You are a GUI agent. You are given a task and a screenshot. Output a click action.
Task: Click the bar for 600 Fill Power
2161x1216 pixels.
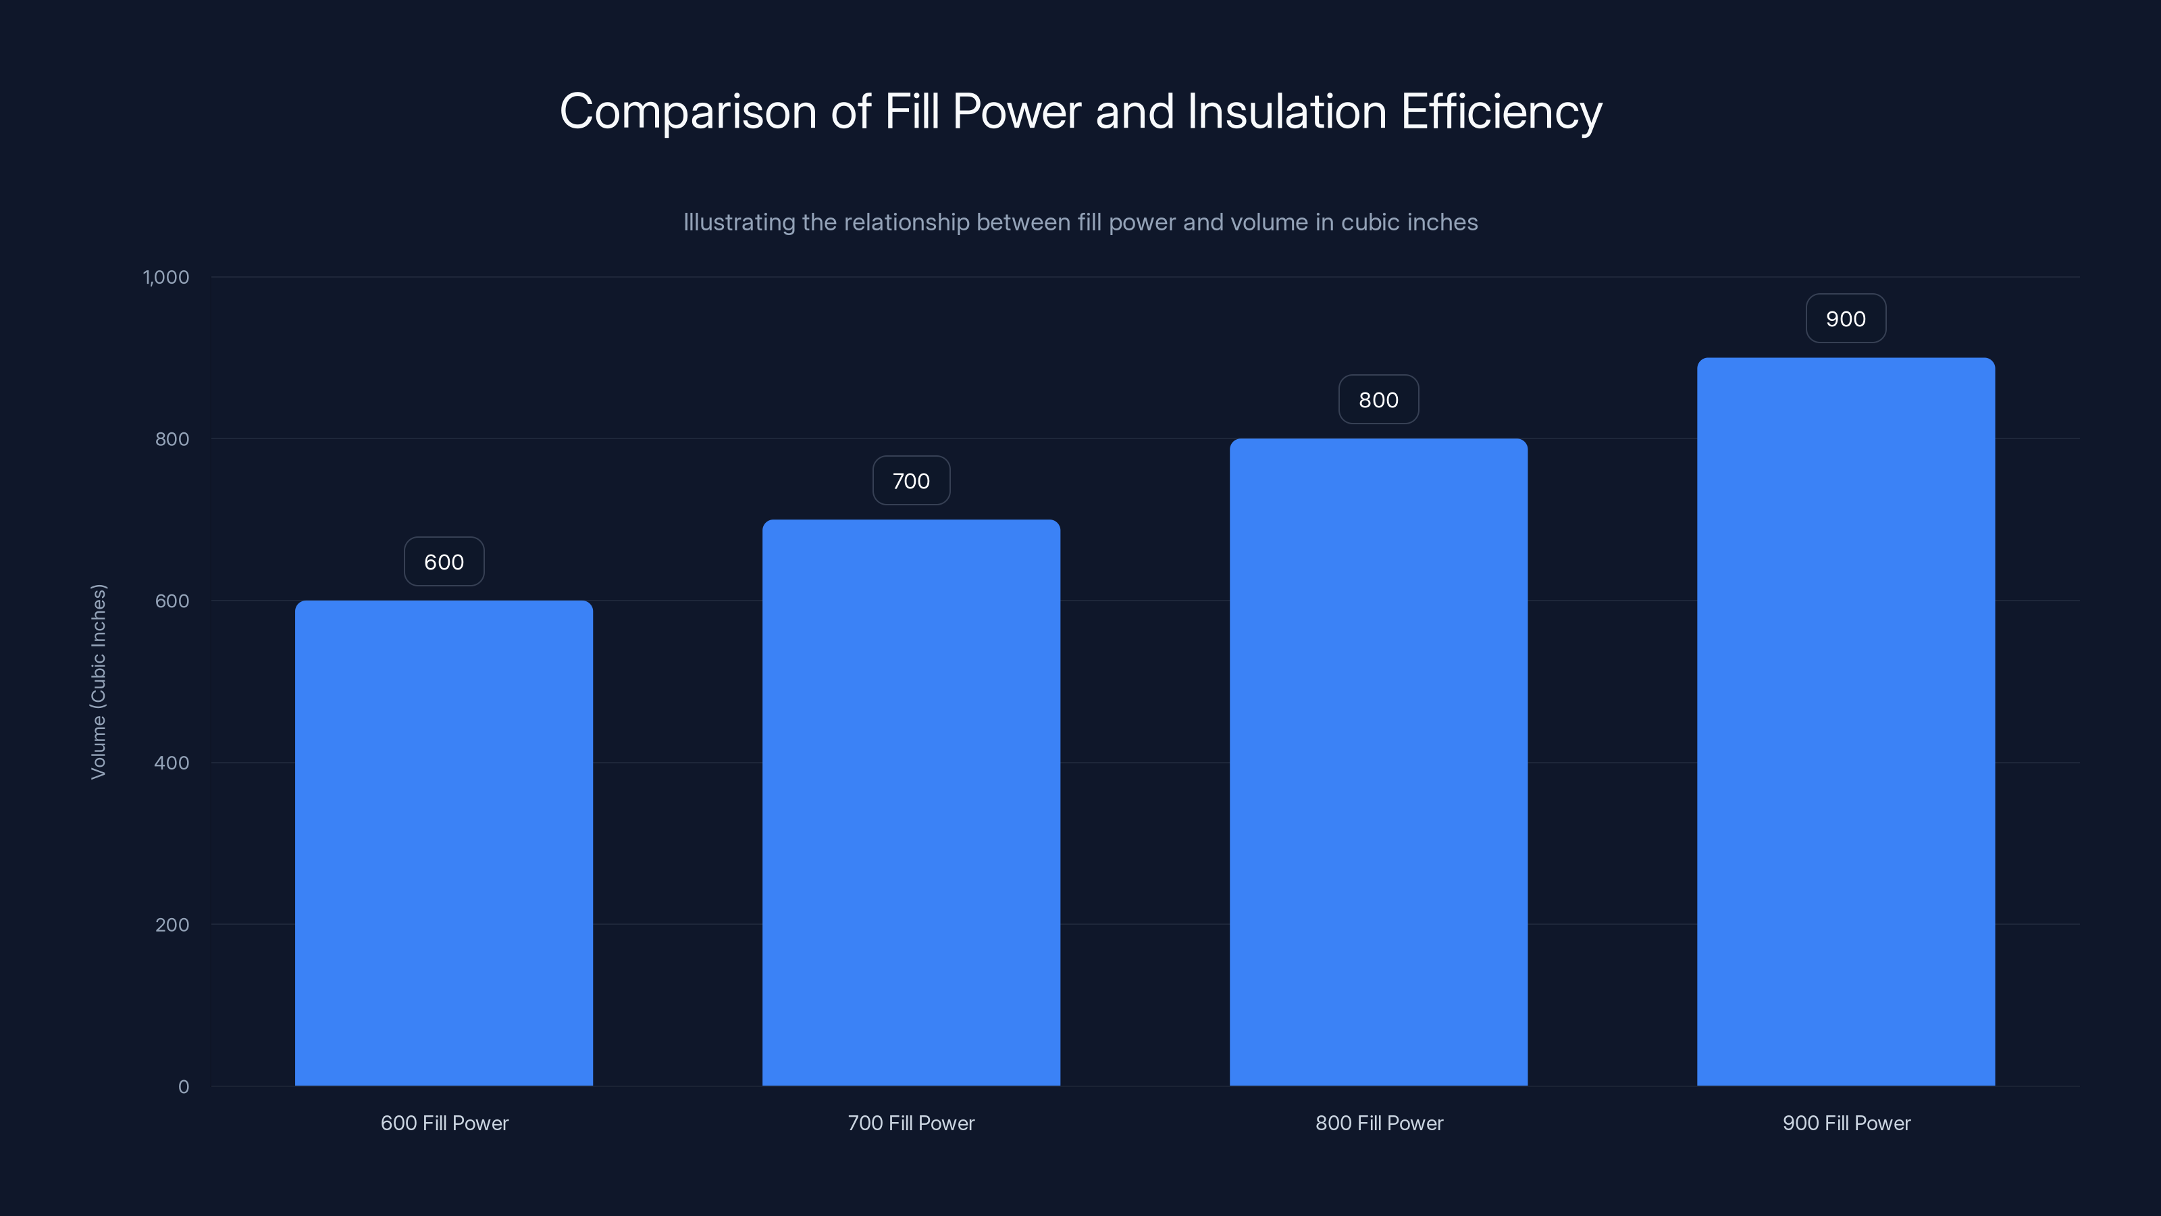(444, 842)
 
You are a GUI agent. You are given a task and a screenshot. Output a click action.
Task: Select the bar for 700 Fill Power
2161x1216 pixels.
(911, 803)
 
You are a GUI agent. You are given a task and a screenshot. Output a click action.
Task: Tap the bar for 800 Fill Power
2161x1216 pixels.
(1378, 762)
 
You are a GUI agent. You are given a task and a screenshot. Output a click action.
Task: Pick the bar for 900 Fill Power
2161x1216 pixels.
(1846, 721)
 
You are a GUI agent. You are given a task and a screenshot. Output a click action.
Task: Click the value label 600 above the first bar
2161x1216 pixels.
(444, 561)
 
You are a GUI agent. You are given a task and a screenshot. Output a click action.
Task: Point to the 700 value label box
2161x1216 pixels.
(911, 481)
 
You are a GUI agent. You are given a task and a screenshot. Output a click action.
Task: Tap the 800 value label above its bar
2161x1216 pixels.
(1378, 399)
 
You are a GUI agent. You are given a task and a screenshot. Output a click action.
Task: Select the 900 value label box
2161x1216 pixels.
(1846, 319)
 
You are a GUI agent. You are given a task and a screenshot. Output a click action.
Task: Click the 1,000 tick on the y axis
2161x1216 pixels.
(166, 277)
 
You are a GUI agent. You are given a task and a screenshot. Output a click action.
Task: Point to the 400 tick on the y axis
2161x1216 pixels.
(172, 763)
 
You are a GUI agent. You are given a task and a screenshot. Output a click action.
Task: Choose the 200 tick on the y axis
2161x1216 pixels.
(172, 925)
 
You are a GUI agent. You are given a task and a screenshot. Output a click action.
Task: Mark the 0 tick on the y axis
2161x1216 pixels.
(184, 1087)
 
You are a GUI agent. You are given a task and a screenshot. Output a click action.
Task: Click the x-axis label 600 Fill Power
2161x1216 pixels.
(444, 1123)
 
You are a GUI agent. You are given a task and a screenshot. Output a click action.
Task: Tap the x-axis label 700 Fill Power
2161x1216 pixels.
(911, 1123)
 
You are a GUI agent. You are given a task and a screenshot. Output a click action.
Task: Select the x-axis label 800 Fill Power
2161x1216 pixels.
(1379, 1123)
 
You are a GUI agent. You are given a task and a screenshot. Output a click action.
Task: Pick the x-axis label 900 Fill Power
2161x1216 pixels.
(1846, 1123)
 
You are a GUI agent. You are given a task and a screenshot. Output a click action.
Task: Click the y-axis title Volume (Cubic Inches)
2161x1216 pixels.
(98, 682)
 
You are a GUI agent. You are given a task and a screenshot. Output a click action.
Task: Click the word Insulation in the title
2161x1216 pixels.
(1286, 111)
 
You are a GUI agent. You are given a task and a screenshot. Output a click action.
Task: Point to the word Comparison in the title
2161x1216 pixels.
(688, 111)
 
